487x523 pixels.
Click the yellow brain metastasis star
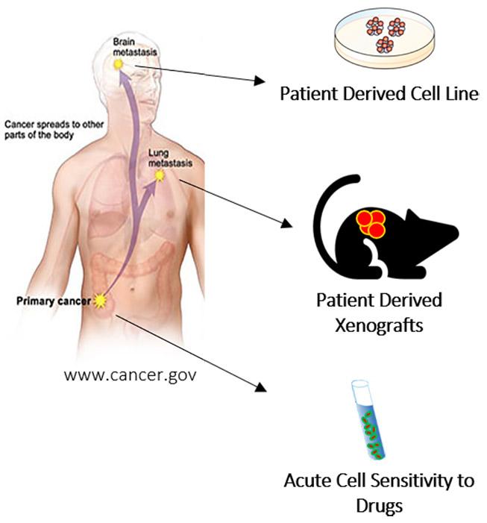118,65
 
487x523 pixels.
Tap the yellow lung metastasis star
160,176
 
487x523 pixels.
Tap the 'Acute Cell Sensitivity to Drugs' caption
379,491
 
